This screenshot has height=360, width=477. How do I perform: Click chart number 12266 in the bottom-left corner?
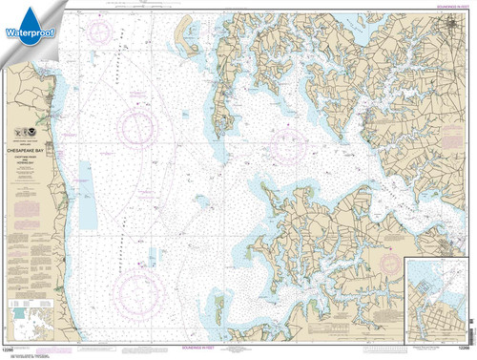click(x=10, y=354)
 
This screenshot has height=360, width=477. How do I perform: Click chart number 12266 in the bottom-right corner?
click(x=465, y=354)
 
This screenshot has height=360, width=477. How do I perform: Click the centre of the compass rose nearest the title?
click(x=140, y=124)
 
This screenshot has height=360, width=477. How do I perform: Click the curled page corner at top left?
click(x=8, y=8)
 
